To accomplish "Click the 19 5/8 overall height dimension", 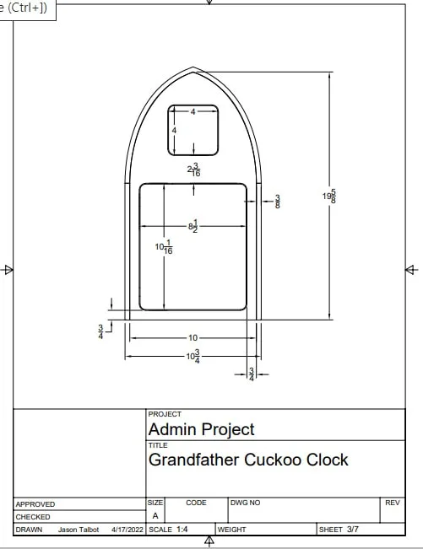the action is pos(329,196).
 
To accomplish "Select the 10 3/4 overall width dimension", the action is pos(193,357).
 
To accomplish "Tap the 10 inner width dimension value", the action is pos(193,338).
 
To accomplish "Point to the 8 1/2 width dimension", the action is pos(193,226).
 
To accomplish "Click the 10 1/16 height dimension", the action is pos(164,247).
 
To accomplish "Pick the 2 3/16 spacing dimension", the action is pos(194,170).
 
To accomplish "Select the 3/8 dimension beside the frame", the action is pos(278,202).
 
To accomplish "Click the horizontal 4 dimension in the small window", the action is pos(193,111).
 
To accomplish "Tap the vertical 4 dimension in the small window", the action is pos(174,130).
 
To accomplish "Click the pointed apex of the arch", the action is pos(193,67).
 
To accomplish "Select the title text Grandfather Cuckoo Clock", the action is pos(248,460).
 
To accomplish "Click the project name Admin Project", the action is pos(202,429).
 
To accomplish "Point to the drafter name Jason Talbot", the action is pos(79,530).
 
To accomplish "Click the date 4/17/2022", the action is pos(127,530).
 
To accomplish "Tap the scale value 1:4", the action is pos(182,529).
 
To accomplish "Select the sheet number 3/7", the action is pos(353,529).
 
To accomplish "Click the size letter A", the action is pos(155,516).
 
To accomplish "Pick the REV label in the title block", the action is pos(393,503).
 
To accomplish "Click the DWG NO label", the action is pos(246,503).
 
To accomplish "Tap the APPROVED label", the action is pos(35,504).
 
